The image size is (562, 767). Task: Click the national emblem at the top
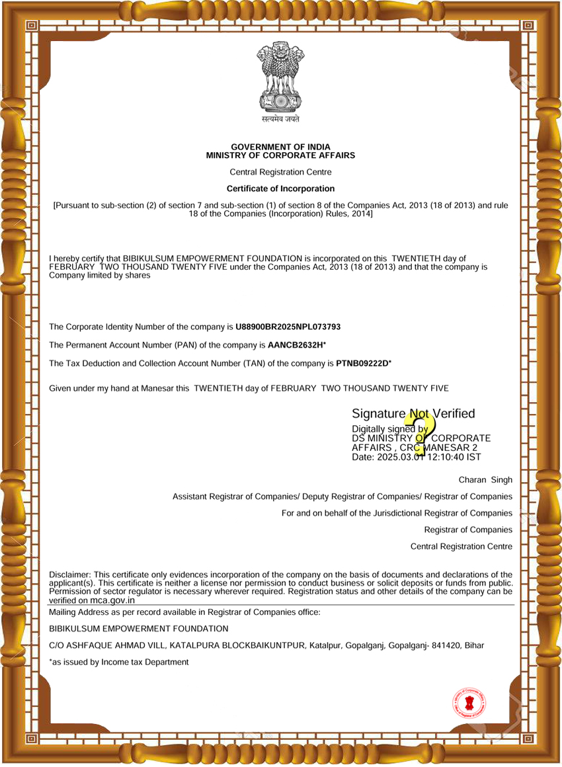(280, 79)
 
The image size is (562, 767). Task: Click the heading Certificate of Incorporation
(280, 188)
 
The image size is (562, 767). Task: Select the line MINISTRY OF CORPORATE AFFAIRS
(280, 155)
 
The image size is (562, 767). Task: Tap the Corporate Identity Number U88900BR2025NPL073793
(288, 327)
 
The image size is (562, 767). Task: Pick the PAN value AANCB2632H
(295, 345)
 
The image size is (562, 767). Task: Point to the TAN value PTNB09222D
(362, 363)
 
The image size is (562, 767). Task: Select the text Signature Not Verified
(413, 414)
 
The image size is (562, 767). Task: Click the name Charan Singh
(485, 479)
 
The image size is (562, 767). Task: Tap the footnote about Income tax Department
(119, 662)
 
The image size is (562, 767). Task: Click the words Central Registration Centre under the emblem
(280, 172)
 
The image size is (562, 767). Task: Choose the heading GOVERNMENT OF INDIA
(280, 147)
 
